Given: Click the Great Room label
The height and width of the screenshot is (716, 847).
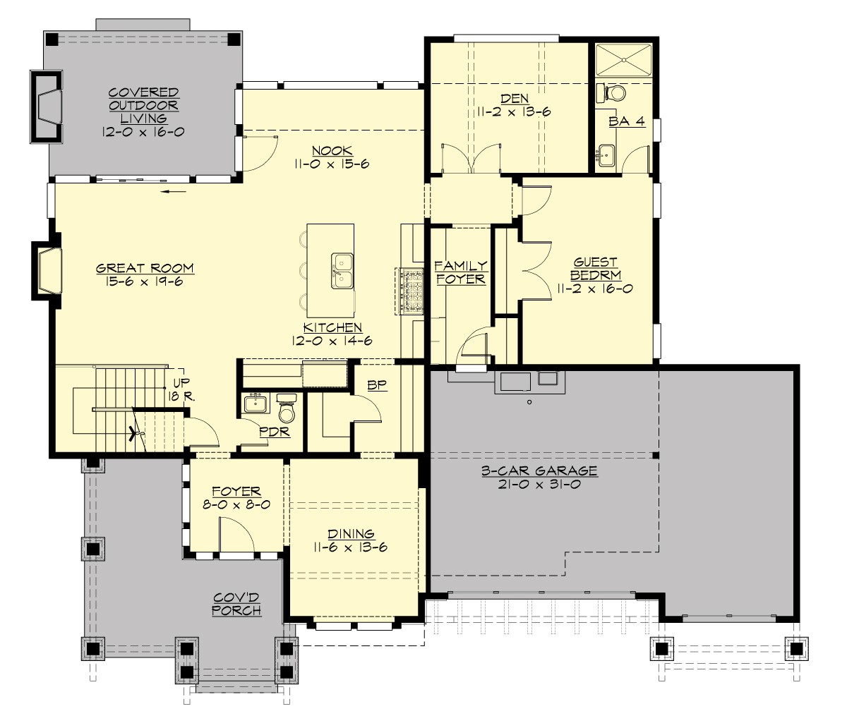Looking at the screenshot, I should click(145, 268).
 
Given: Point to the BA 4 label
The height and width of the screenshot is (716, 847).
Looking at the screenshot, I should click(627, 121).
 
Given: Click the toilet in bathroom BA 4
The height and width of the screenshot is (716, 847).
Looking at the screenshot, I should click(613, 93).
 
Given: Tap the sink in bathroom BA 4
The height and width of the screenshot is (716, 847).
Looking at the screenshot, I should click(605, 153).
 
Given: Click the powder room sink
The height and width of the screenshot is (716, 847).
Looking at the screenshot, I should click(254, 405).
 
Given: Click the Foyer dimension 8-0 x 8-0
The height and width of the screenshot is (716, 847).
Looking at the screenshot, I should click(236, 506).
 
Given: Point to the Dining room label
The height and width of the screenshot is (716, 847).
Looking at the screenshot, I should click(350, 534).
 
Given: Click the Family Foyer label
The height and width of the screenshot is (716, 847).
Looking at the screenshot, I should click(460, 272).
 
